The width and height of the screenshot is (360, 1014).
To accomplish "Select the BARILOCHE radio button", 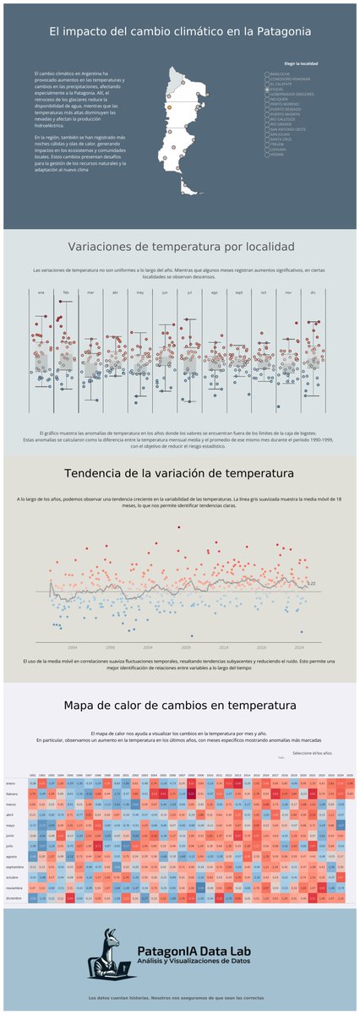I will tap(267, 74).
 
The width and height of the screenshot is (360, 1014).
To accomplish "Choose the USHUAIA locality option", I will tap(267, 150).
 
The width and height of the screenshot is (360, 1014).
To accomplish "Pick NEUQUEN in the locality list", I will tap(267, 99).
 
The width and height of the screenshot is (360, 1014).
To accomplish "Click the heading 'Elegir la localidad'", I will tap(301, 63).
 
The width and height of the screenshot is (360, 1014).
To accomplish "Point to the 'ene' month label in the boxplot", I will tap(40, 292).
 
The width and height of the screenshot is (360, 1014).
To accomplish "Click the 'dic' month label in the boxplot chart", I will tap(314, 292).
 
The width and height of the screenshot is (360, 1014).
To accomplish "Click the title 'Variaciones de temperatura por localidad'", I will tap(181, 247).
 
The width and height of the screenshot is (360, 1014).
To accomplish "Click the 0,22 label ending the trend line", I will tap(311, 584).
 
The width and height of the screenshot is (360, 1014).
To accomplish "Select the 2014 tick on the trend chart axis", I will tap(223, 646).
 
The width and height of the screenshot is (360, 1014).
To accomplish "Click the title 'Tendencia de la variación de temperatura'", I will tap(181, 472).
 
